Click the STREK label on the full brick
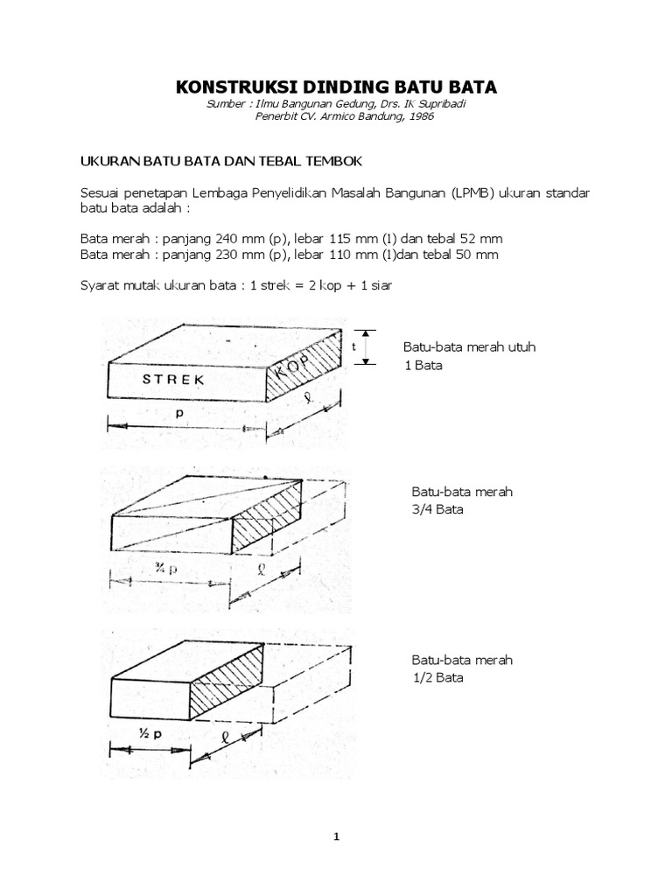click(x=173, y=380)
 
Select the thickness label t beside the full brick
click(x=353, y=346)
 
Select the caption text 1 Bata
click(x=423, y=365)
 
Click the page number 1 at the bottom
click(x=335, y=836)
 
